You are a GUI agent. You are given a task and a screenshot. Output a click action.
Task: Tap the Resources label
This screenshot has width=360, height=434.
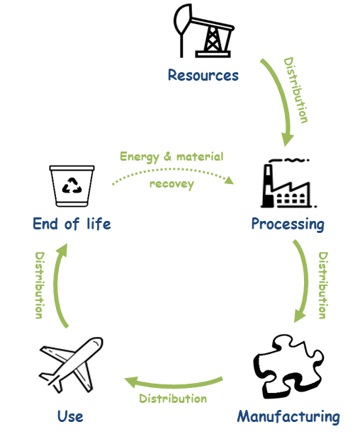pos(203,75)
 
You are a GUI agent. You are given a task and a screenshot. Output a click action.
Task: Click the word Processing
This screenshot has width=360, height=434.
pos(288,224)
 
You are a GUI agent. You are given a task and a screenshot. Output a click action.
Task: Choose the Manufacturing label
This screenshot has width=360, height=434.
pos(288,416)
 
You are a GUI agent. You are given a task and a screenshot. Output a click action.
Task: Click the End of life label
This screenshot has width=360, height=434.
pos(72,224)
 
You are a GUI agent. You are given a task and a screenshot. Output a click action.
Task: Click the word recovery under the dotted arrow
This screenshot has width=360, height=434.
pos(172,185)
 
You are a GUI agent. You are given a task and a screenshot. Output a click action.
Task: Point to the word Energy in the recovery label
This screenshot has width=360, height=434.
pos(139,156)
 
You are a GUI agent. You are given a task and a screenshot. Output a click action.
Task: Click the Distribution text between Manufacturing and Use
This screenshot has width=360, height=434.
pos(173,399)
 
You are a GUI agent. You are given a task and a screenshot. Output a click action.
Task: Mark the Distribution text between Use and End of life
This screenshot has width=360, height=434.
pos(40,285)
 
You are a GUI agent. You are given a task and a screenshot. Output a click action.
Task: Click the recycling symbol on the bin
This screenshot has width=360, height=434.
pos(72,186)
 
